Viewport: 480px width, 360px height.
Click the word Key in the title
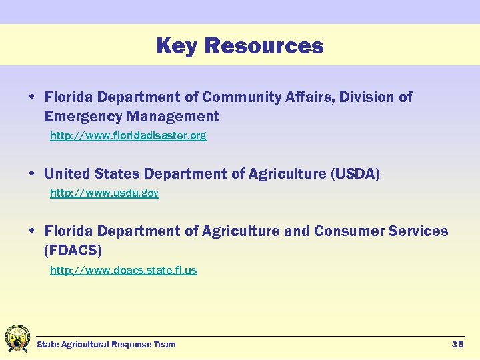click(x=177, y=46)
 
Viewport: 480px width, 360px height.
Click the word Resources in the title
click(x=264, y=46)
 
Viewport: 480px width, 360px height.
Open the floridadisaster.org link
click(x=128, y=136)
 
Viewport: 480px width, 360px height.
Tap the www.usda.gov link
click(x=104, y=193)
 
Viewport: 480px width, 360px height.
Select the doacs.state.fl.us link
click(x=123, y=270)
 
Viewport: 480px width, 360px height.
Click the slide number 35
click(x=457, y=344)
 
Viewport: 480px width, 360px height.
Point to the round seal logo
click(x=17, y=339)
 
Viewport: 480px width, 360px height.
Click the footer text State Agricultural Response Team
click(x=106, y=344)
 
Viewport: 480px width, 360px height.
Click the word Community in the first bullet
click(x=243, y=97)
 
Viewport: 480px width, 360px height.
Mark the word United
click(x=66, y=174)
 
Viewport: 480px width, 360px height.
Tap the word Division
click(x=367, y=97)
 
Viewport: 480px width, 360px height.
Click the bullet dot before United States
click(x=32, y=174)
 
